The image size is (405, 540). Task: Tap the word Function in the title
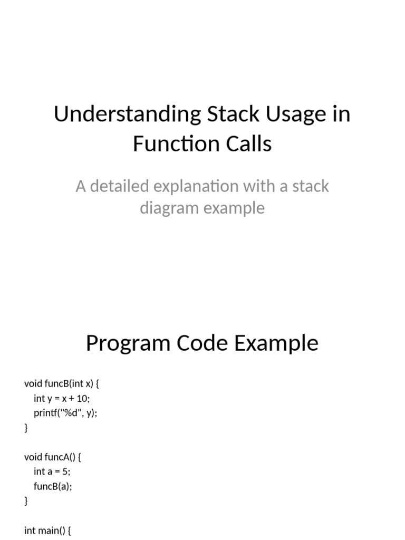(170, 143)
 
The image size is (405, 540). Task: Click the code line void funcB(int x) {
(62, 383)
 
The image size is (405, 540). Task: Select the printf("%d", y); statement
(66, 413)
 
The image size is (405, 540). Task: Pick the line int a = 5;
(52, 471)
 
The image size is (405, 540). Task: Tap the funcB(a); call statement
(53, 486)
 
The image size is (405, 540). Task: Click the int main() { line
(47, 530)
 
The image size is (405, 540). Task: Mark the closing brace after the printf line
(26, 428)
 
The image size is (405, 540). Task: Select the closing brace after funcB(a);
(26, 501)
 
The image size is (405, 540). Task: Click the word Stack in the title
(226, 115)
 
